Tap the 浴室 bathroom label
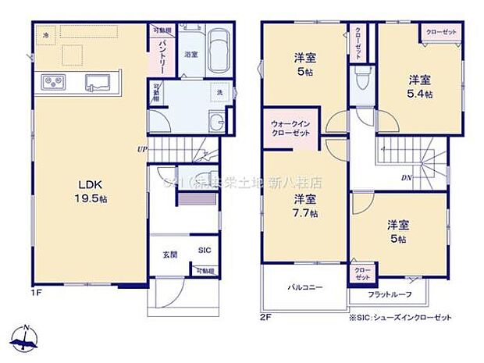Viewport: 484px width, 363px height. tap(190, 55)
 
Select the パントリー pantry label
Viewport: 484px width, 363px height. tap(159, 55)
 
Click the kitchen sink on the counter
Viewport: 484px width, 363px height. tap(100, 80)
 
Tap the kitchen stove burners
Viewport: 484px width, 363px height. tap(52, 80)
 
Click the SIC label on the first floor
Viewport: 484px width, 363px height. tap(205, 250)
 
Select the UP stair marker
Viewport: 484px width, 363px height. tap(142, 148)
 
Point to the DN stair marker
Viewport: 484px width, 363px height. tap(406, 178)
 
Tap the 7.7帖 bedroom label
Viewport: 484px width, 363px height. tap(305, 205)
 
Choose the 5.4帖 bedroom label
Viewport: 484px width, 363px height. tap(418, 86)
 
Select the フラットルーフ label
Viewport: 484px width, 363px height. tap(388, 294)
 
